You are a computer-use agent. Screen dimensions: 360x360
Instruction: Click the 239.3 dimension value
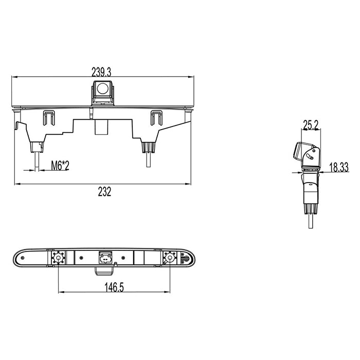click(x=101, y=72)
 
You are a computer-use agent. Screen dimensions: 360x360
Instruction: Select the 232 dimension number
click(x=104, y=192)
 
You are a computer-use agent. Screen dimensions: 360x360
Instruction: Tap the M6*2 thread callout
click(x=60, y=166)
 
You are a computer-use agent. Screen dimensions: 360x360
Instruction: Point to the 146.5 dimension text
click(x=114, y=287)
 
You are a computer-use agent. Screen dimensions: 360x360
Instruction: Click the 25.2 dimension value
click(x=311, y=125)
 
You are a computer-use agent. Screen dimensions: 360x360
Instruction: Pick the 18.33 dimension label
click(x=339, y=167)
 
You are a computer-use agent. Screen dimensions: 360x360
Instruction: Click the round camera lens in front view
click(x=103, y=88)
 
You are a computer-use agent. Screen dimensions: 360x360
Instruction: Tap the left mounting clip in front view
click(x=49, y=118)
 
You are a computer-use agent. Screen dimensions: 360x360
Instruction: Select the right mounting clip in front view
click(x=156, y=118)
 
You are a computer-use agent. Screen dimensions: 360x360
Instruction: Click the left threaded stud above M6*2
click(x=37, y=161)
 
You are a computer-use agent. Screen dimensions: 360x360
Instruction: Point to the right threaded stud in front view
click(x=149, y=159)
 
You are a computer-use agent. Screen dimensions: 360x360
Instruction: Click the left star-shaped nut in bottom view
click(x=58, y=258)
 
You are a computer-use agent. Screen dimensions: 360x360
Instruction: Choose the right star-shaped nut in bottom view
click(x=170, y=258)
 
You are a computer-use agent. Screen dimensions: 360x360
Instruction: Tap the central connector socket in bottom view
click(x=105, y=258)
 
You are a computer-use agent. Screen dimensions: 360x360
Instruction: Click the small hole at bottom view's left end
click(x=23, y=258)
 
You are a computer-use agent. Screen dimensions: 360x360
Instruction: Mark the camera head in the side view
click(x=307, y=154)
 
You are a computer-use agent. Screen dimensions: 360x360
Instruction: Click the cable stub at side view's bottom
click(x=311, y=221)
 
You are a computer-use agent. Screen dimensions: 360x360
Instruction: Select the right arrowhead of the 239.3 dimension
click(x=191, y=77)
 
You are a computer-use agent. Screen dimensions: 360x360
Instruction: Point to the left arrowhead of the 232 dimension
click(x=17, y=184)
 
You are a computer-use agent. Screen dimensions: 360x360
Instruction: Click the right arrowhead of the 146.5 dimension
click(x=167, y=292)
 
